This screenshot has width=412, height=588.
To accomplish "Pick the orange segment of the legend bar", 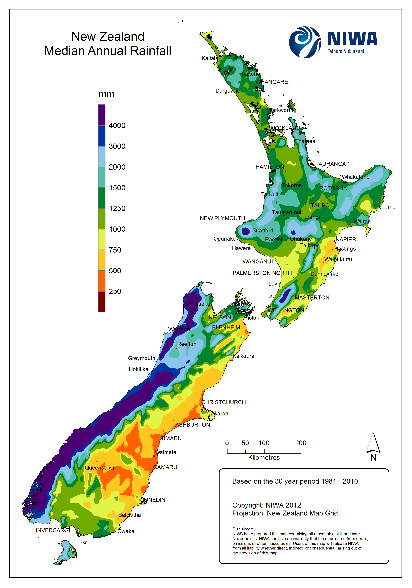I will click(101, 281).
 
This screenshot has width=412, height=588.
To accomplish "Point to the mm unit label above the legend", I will click(106, 94).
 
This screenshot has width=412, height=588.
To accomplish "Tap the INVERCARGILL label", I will click(56, 530).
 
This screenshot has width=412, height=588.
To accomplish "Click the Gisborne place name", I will click(384, 207).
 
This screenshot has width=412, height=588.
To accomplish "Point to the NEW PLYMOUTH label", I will click(222, 218).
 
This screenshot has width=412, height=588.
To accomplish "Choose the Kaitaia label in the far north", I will click(209, 58).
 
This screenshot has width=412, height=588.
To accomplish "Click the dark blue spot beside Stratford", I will click(246, 231).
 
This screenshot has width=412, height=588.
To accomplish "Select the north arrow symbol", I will click(373, 443).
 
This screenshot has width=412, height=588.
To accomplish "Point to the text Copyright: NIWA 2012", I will click(266, 505).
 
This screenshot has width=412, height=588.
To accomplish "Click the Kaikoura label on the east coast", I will click(243, 356).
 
